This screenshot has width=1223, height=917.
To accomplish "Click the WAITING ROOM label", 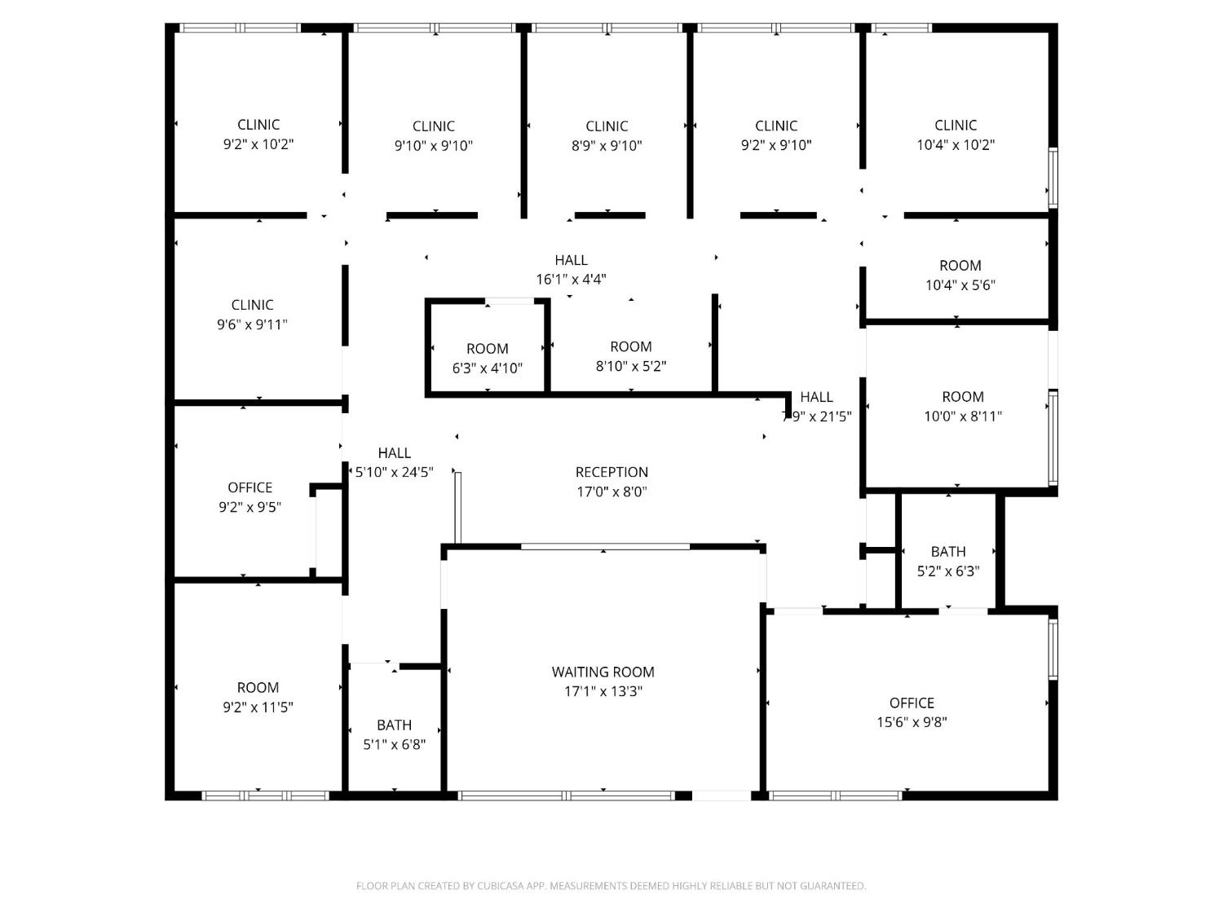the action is click(603, 672).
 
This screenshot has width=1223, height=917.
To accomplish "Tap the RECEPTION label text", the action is click(611, 472).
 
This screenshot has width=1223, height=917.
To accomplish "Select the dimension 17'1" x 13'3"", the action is click(603, 691).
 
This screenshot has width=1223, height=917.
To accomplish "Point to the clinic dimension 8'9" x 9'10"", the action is click(607, 145).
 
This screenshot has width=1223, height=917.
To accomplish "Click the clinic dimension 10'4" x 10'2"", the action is click(956, 145).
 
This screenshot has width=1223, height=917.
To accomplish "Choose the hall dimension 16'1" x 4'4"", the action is click(571, 279).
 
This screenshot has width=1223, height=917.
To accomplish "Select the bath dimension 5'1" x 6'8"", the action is click(395, 744).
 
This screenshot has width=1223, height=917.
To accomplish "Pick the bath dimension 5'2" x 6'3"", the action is click(948, 571).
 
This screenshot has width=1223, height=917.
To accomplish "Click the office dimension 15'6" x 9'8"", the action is click(912, 722).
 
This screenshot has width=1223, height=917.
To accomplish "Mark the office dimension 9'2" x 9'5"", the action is click(249, 507).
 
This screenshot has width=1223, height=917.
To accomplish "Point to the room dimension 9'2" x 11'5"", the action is click(258, 707).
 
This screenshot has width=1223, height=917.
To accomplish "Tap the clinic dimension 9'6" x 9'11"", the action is click(253, 324).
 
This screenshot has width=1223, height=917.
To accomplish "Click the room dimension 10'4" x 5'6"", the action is click(960, 285).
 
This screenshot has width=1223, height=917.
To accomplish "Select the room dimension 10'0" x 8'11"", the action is click(963, 416).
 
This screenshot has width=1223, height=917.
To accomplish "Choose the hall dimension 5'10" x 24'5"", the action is click(394, 472).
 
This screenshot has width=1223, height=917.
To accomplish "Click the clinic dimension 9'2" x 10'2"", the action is click(258, 144).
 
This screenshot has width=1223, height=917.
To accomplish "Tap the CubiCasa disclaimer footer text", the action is click(611, 886).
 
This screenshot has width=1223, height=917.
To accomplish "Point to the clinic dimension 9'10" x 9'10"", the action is click(434, 145).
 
